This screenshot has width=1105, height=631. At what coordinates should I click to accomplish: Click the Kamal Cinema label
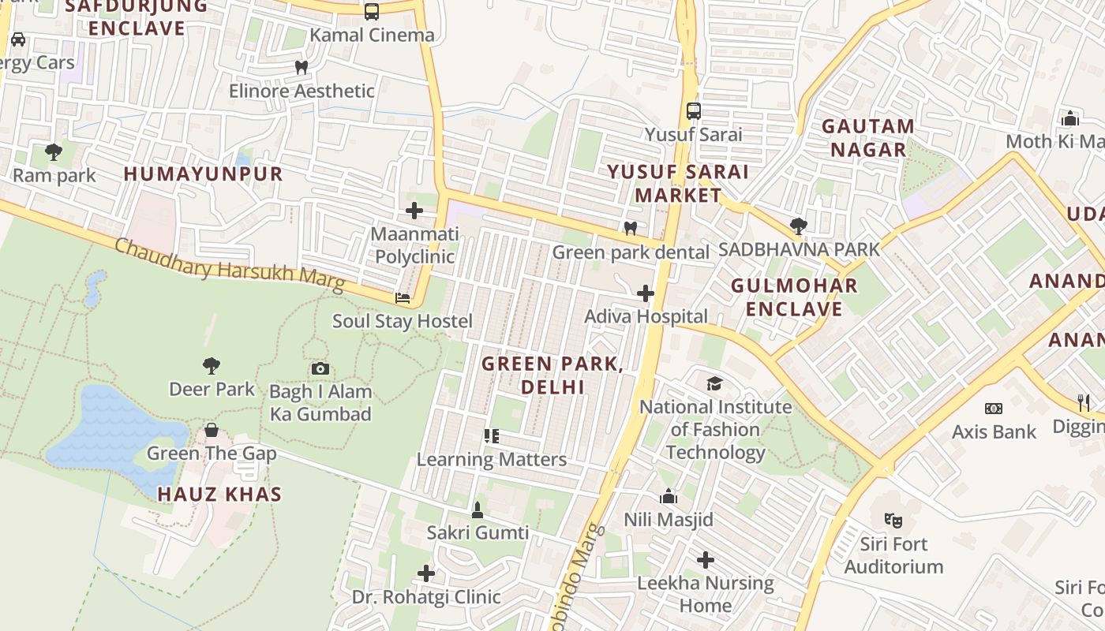372,35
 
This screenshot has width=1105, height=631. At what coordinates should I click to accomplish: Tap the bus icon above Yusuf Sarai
694,111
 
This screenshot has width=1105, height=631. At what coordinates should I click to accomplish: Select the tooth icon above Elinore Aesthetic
301,68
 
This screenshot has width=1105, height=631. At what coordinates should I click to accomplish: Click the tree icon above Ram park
54,151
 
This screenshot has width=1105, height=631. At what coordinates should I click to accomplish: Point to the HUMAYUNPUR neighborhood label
203,174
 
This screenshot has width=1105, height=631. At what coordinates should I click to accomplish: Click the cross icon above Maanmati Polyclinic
414,211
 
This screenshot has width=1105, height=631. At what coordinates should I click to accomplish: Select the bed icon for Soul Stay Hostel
403,298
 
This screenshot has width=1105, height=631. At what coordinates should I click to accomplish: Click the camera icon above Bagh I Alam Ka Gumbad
320,368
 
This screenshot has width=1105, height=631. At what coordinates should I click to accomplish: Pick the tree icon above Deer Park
211,365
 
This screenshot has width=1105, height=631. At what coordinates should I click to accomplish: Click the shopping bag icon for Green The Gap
212,430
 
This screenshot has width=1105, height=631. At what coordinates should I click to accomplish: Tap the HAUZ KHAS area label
219,495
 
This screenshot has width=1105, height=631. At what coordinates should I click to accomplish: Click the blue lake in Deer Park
110,430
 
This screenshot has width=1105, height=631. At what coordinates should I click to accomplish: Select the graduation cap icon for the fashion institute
714,383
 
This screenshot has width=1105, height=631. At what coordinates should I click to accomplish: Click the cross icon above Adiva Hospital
646,293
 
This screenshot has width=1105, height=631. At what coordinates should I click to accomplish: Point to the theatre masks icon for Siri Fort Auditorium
893,520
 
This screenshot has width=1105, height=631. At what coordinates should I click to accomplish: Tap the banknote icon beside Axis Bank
994,409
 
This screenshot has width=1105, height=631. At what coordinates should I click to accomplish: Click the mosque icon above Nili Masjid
669,497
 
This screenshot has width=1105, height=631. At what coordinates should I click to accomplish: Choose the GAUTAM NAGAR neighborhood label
867,138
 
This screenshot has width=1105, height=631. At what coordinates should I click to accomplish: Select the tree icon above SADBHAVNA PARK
798,226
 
